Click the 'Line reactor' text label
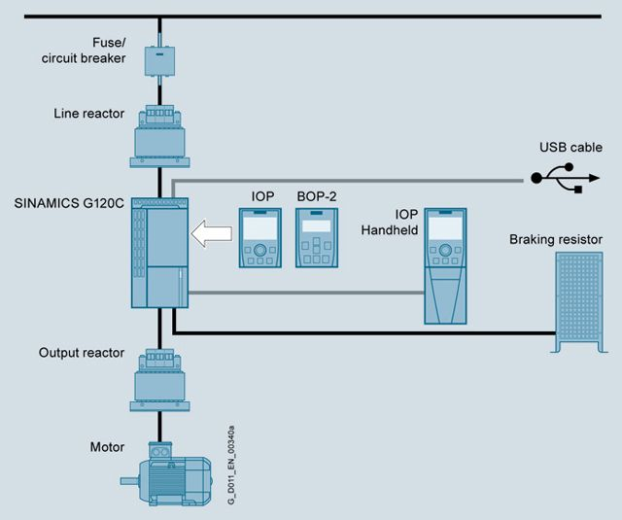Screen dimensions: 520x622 pyautogui.click(x=88, y=114)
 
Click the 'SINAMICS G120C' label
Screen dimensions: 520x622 pyautogui.click(x=71, y=204)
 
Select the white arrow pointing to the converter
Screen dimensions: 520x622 pyautogui.click(x=210, y=234)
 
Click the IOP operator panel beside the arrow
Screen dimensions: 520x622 pyautogui.click(x=259, y=238)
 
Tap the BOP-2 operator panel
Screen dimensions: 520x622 pyautogui.click(x=315, y=238)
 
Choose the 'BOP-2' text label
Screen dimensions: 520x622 pyautogui.click(x=315, y=195)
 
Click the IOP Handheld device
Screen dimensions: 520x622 pyautogui.click(x=446, y=264)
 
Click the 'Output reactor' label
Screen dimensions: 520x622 pyautogui.click(x=82, y=353)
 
